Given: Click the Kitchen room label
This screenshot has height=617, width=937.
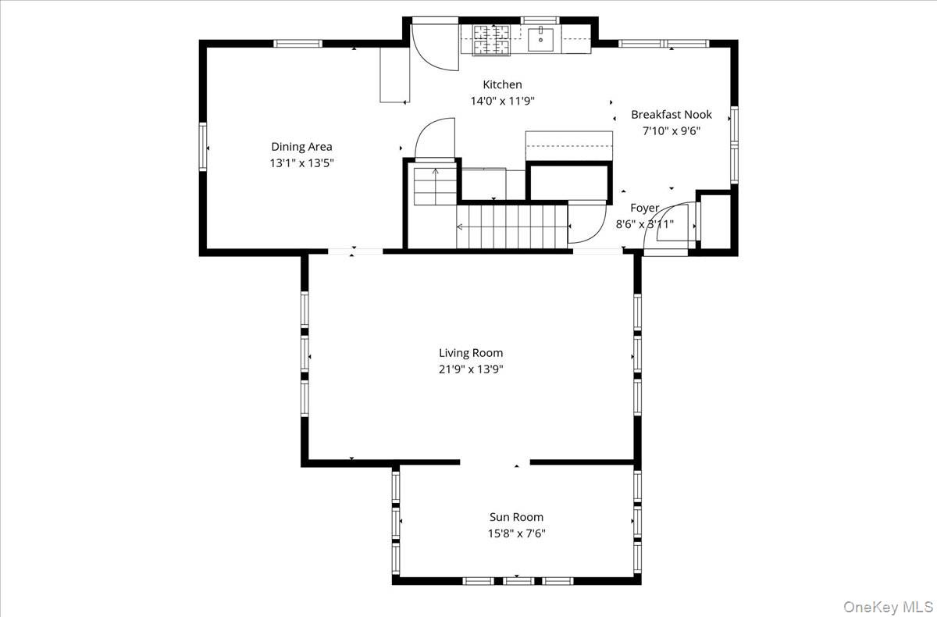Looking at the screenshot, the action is tap(502, 85).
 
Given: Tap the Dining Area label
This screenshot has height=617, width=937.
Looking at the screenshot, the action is tap(301, 147).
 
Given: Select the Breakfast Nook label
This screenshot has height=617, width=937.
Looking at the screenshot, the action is tap(672, 115).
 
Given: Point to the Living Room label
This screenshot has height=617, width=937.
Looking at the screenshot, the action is tap(471, 353).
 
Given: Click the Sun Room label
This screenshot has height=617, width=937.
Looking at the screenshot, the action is tap(517, 517).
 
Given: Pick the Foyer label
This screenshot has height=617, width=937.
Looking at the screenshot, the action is tap(645, 208).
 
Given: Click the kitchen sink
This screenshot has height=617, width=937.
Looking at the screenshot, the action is tap(540, 39).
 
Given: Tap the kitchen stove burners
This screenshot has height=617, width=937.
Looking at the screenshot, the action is tap(491, 40).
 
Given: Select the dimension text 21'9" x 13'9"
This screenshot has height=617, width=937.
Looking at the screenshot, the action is tap(471, 369).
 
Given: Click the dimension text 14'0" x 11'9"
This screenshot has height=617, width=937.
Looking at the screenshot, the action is tap(503, 101).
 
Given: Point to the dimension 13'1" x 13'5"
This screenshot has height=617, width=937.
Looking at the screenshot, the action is tap(301, 163).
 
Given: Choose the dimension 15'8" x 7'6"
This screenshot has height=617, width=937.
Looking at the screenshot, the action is tap(517, 533).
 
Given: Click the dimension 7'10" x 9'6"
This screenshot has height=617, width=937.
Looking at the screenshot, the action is tap(672, 131).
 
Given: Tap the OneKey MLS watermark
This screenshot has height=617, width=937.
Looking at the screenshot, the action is tap(888, 606).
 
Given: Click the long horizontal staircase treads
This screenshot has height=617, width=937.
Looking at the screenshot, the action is tap(512, 226).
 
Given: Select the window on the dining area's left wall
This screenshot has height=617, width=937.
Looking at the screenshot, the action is tap(203, 147).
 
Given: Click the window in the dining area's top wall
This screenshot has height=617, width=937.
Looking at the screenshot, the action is tap(297, 44).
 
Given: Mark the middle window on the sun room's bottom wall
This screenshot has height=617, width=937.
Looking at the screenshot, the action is tap(518, 580).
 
